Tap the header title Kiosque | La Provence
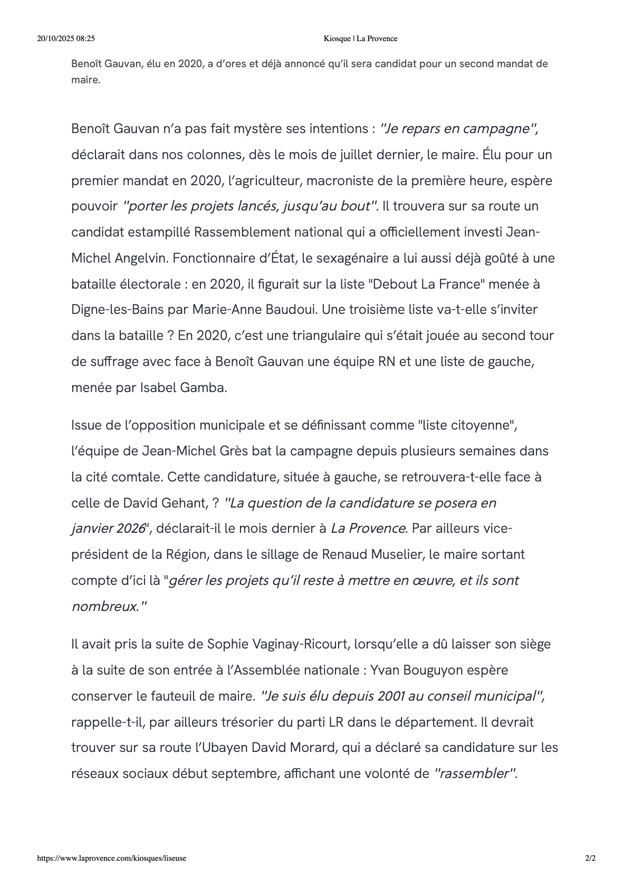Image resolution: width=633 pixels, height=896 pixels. coord(360,39)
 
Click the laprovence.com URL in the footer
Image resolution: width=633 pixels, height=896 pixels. coord(111,858)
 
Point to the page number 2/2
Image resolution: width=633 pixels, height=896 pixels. coord(590,858)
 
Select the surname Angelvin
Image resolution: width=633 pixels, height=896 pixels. coord(142,259)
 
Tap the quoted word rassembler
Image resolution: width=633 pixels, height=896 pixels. coord(474,774)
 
